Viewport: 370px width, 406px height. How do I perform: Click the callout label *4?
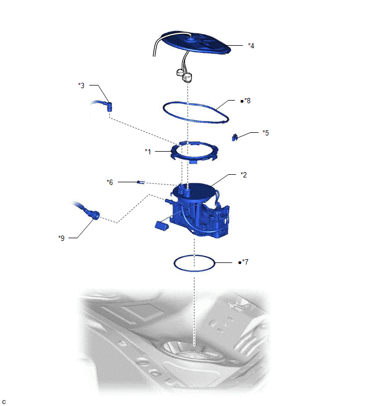(x=251, y=46)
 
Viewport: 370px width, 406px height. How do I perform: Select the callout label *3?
(x=81, y=86)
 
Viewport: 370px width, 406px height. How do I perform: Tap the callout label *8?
(x=247, y=101)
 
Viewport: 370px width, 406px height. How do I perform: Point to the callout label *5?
(x=266, y=133)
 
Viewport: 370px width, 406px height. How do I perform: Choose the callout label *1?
(x=148, y=152)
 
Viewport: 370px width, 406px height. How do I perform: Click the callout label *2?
(x=244, y=175)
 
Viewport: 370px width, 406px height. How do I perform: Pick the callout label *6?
(x=110, y=182)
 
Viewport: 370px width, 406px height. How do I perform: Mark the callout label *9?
(x=61, y=238)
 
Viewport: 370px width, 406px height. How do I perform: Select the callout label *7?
(x=245, y=262)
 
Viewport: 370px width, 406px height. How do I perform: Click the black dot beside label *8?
(x=242, y=101)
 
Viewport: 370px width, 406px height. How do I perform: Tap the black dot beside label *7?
(x=240, y=262)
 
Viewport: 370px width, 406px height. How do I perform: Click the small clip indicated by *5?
(x=235, y=137)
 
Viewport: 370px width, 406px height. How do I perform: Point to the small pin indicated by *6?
(x=140, y=182)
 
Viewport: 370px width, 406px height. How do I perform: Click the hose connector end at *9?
(x=94, y=214)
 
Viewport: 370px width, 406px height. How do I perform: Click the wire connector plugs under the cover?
(x=184, y=75)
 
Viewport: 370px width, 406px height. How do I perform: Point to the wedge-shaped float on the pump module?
(x=161, y=225)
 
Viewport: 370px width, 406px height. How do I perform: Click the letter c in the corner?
(x=4, y=402)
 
